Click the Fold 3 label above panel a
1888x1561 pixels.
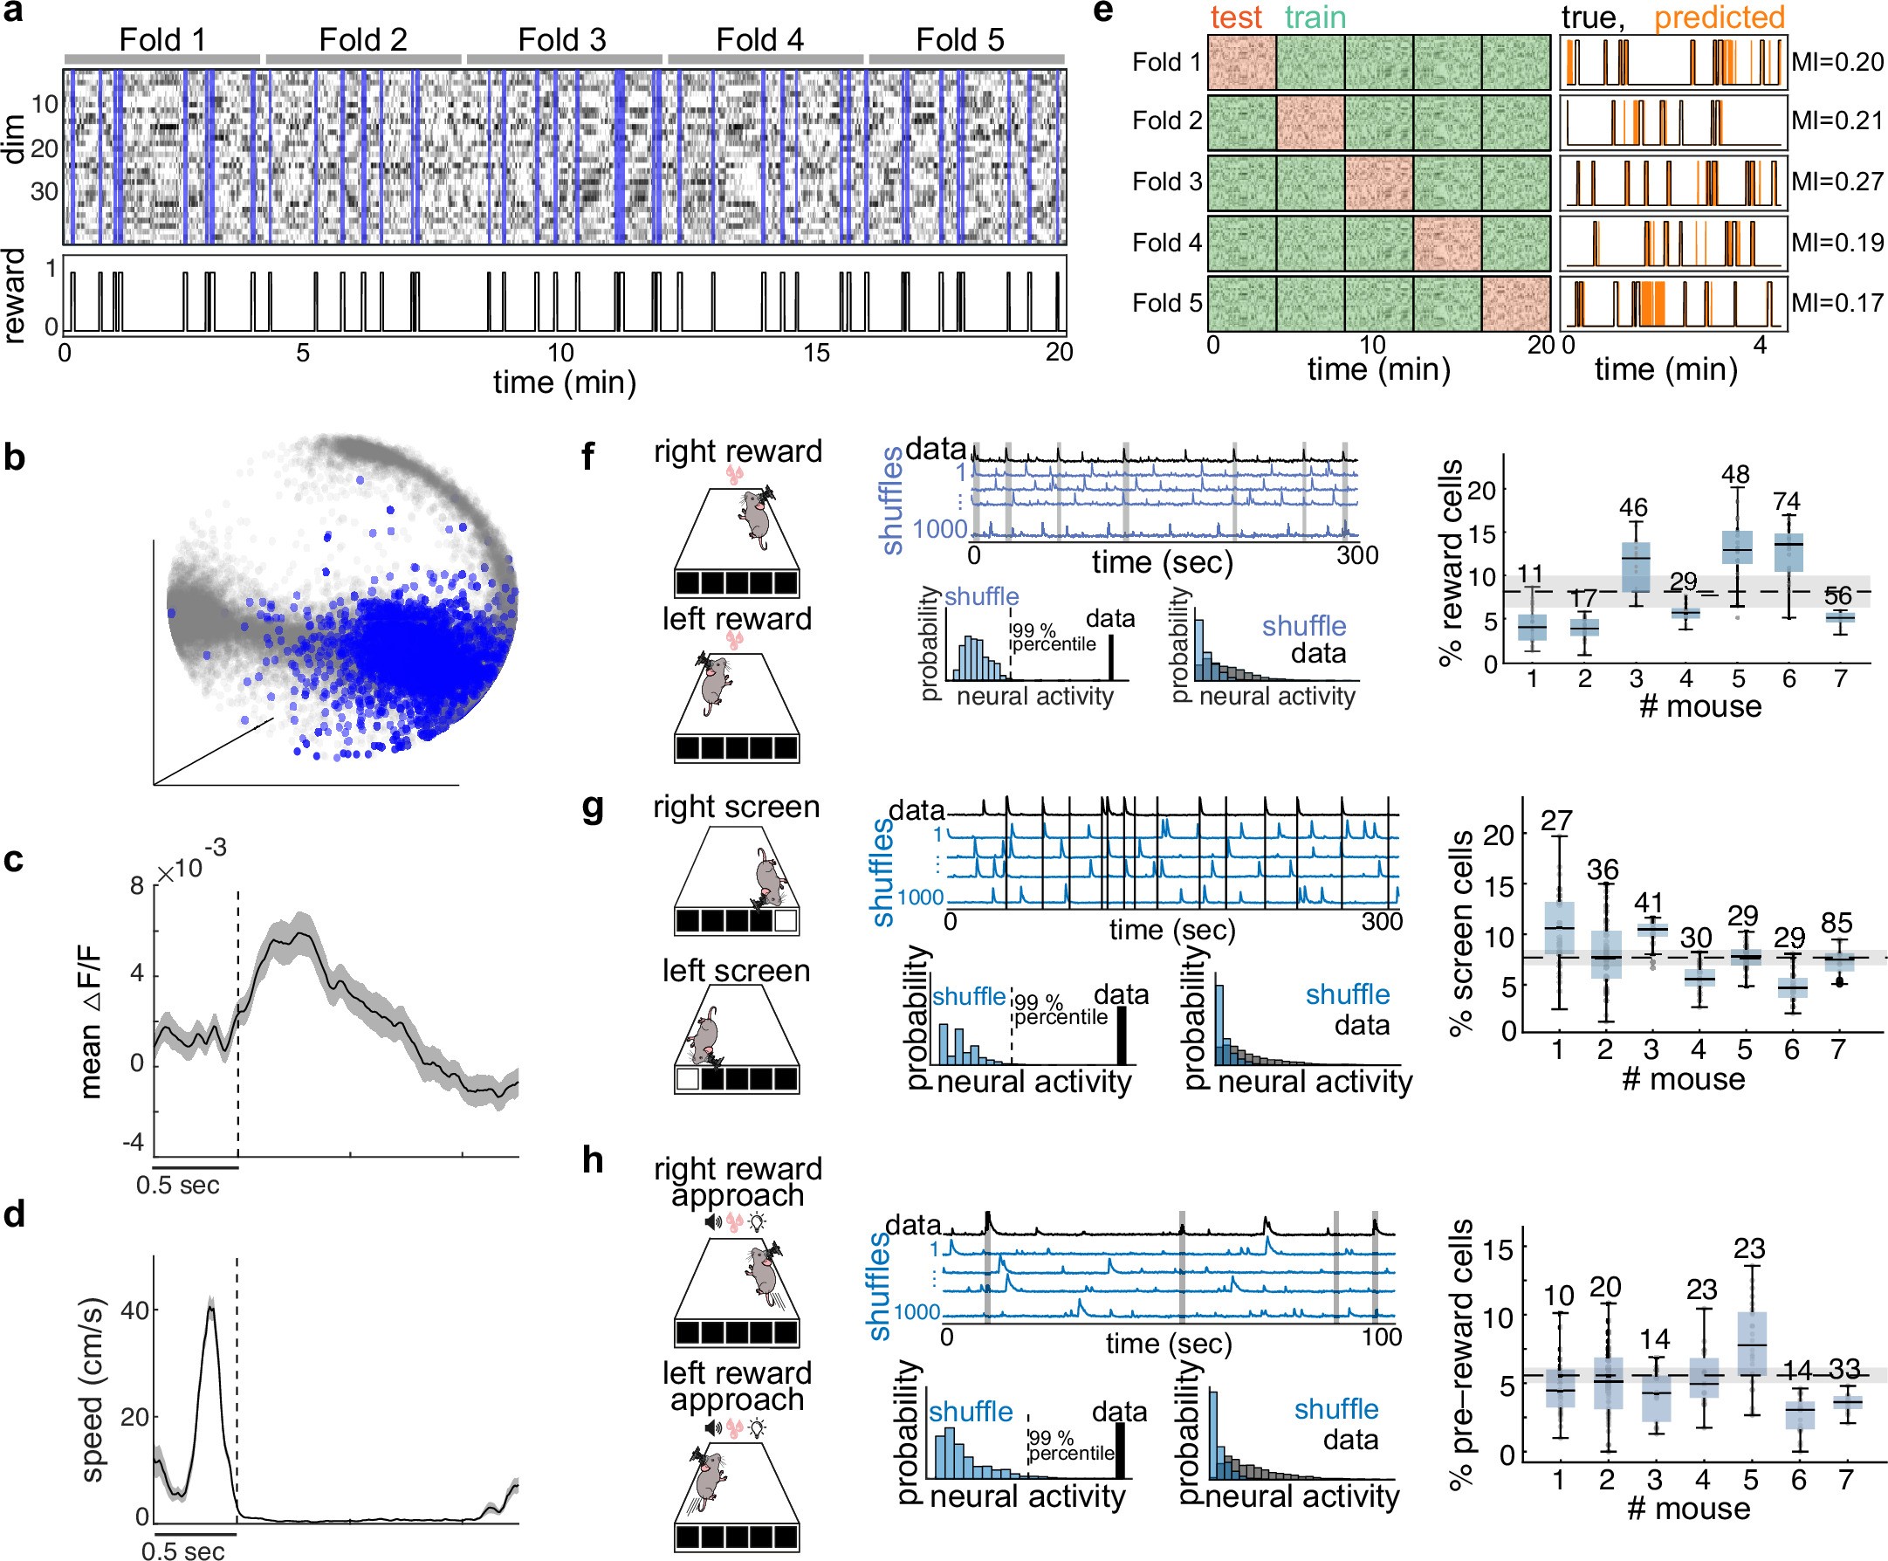(562, 39)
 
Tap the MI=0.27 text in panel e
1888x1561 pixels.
(1837, 182)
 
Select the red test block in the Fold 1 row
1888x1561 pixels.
(1241, 63)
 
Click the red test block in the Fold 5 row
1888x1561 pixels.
(1516, 303)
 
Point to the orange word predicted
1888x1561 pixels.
(1719, 17)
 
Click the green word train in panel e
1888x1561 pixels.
(1315, 17)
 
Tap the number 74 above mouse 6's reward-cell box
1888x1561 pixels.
(1788, 502)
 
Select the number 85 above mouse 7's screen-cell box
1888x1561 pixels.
(1836, 924)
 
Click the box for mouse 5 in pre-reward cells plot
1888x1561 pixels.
(1751, 1344)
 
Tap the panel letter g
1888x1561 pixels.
(593, 808)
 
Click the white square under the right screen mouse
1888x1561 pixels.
(786, 921)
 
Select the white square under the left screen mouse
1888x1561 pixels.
(688, 1079)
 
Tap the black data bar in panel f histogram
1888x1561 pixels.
(1111, 657)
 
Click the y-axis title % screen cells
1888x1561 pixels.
(1461, 932)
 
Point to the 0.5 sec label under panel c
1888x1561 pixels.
(177, 1185)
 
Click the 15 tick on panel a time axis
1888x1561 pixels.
(816, 353)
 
